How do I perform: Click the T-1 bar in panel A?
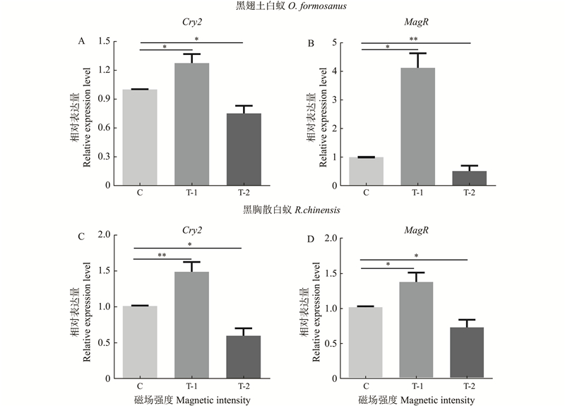(192, 124)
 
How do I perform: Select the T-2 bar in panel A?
(244, 149)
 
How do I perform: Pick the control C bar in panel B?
(366, 171)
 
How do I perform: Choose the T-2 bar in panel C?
(244, 357)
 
